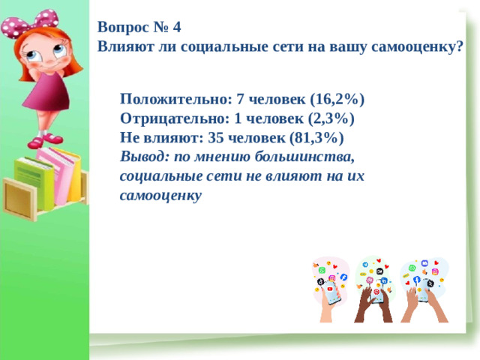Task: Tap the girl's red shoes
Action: click(x=45, y=140)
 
